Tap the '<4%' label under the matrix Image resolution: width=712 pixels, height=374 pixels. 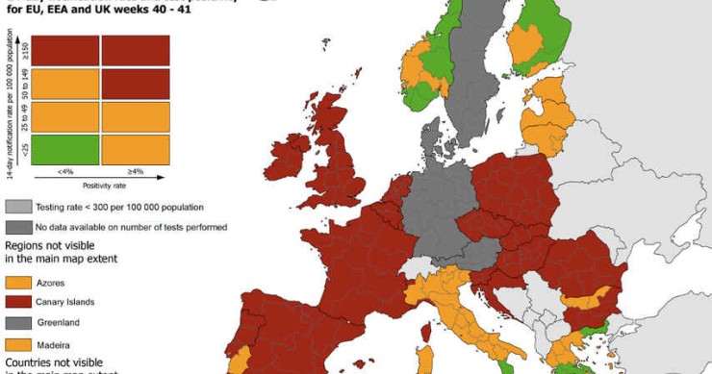[64, 171]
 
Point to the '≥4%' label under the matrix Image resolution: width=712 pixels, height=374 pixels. [135, 171]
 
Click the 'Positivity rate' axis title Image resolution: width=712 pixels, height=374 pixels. [100, 184]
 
